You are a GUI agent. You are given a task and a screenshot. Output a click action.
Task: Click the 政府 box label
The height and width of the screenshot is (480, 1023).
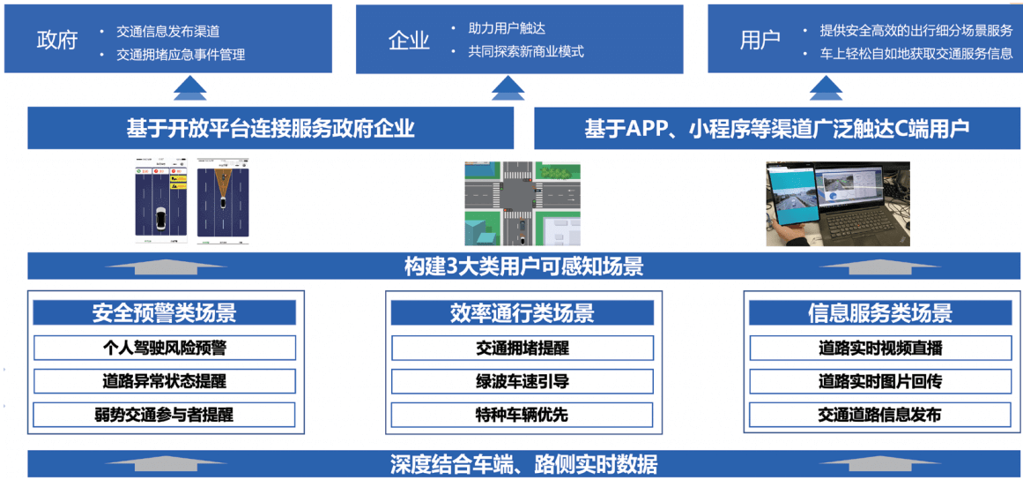pos(57,41)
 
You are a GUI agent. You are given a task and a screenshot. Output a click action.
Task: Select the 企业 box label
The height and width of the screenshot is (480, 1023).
pos(409,41)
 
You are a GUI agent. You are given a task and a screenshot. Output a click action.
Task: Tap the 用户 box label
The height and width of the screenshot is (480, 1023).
pos(760,41)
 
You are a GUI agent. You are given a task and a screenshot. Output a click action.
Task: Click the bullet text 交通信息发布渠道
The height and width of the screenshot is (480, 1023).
pos(168,32)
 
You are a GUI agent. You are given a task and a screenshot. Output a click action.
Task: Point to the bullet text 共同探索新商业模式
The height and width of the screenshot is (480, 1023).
pos(526,51)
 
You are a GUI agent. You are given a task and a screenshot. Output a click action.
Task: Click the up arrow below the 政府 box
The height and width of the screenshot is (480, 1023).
pos(190,88)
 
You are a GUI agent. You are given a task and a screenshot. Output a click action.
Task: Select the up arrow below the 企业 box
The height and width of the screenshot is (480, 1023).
pos(507,88)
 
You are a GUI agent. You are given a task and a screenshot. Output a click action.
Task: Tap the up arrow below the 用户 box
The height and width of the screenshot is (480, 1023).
pos(826,88)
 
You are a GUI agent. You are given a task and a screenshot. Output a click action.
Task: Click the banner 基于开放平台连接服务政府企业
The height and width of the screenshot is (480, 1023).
pos(271,129)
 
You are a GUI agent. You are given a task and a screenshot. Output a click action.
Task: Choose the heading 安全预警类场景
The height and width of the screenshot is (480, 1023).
pos(164,313)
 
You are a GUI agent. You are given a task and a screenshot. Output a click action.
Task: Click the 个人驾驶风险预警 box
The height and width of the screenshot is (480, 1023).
pos(164,348)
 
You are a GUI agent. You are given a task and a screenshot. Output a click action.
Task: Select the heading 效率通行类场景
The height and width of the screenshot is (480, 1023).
pos(522,313)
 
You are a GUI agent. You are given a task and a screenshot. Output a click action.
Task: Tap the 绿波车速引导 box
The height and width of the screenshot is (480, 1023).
pos(522,381)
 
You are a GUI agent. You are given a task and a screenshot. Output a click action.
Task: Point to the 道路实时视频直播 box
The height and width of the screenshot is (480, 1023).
pos(879,348)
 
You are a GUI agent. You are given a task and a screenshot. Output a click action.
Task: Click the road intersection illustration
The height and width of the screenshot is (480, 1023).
pos(523,203)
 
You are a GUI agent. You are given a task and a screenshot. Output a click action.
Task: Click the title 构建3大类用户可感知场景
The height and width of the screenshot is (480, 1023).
pos(523,266)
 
